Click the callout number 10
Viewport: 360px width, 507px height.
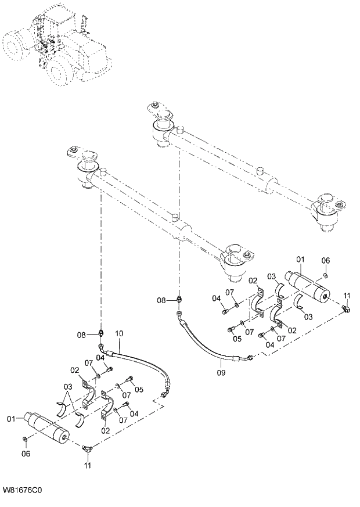[x=120, y=333]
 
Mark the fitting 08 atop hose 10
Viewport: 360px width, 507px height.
[x=102, y=333]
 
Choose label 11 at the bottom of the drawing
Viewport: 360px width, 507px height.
[x=88, y=466]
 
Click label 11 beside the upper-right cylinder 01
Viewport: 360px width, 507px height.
[x=347, y=296]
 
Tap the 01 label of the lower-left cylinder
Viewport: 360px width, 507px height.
[x=11, y=418]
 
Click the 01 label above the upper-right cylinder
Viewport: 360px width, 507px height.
[x=300, y=258]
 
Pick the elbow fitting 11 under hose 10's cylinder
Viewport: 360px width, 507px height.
[x=87, y=448]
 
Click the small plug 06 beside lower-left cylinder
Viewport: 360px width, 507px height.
[x=25, y=438]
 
